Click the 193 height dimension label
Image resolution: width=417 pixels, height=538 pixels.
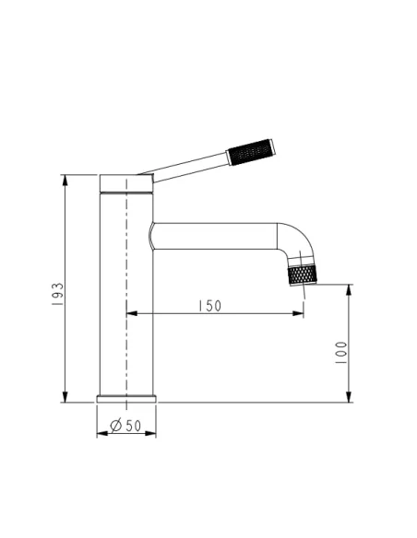click(58, 294)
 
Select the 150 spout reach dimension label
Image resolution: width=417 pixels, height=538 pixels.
click(210, 306)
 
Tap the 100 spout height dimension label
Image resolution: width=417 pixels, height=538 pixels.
click(341, 353)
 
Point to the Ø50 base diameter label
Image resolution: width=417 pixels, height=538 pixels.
click(125, 426)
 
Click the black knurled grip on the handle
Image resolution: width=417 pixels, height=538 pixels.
click(251, 152)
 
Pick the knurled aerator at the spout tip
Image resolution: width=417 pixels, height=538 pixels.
click(303, 275)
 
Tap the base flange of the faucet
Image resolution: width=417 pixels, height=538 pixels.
click(126, 399)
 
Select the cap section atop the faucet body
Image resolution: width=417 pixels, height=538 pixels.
click(126, 183)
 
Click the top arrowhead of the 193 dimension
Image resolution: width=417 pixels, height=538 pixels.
click(65, 180)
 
